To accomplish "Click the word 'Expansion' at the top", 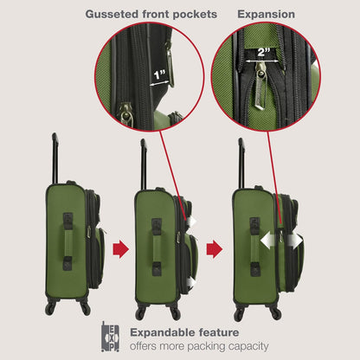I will (x=266, y=15).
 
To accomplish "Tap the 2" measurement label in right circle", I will (x=260, y=52).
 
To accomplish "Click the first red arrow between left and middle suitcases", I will (x=121, y=249).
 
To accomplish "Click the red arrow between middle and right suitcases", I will (x=215, y=249).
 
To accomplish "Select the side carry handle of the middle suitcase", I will (x=156, y=247).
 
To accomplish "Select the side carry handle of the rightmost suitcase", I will (x=254, y=247).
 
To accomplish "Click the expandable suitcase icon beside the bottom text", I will (x=111, y=337).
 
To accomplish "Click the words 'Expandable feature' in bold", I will (x=185, y=332).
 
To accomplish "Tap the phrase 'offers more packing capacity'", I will (x=198, y=346).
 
